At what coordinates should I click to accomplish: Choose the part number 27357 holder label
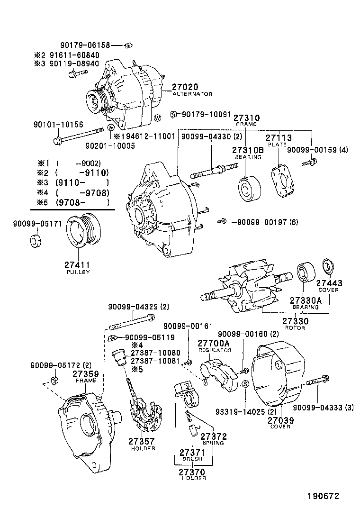coord(141,441)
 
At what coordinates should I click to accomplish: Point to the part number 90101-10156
coord(58,125)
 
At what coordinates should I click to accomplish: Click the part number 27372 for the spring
coord(214,436)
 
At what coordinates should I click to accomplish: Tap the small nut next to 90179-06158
coord(127,45)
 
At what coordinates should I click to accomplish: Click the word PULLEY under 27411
coord(77,273)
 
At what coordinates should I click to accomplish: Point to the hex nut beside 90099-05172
coord(54,381)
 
